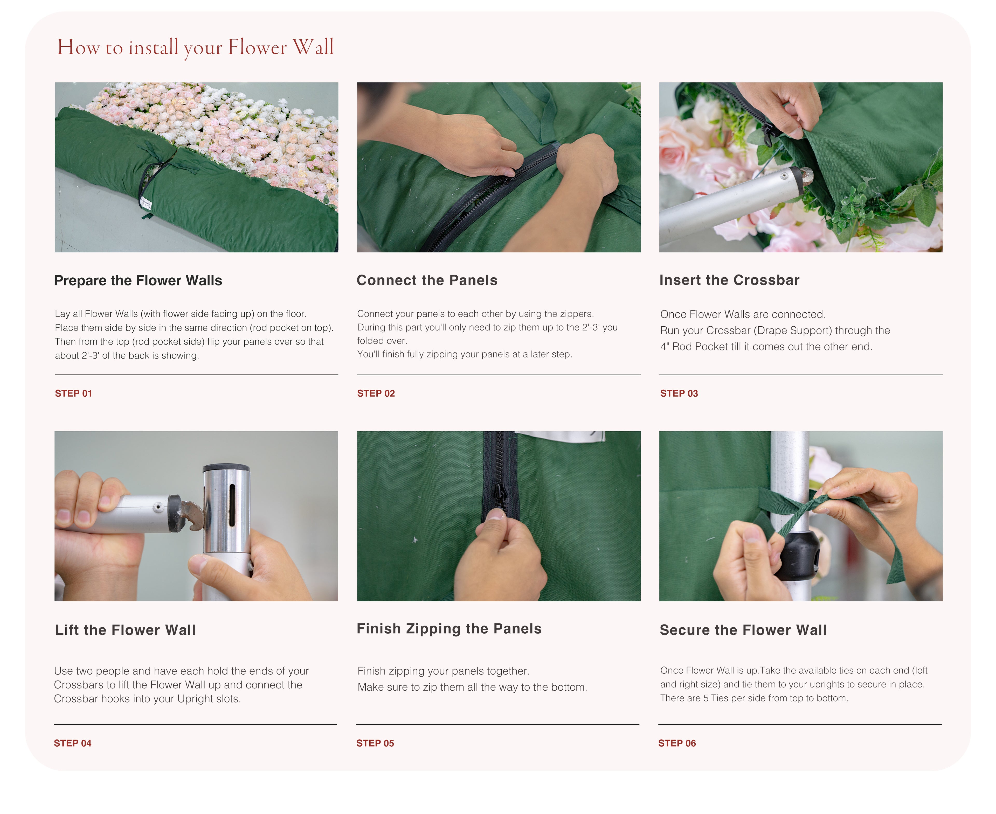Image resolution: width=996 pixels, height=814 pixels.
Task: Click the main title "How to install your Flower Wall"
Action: click(195, 47)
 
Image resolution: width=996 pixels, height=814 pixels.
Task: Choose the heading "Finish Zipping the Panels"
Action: click(449, 629)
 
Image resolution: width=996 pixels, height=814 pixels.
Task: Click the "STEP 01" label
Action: click(74, 394)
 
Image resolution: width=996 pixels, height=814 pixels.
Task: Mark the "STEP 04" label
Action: click(73, 743)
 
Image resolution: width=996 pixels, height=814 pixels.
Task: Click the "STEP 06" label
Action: click(677, 743)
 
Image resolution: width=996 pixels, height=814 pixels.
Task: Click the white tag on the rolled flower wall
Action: click(146, 203)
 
